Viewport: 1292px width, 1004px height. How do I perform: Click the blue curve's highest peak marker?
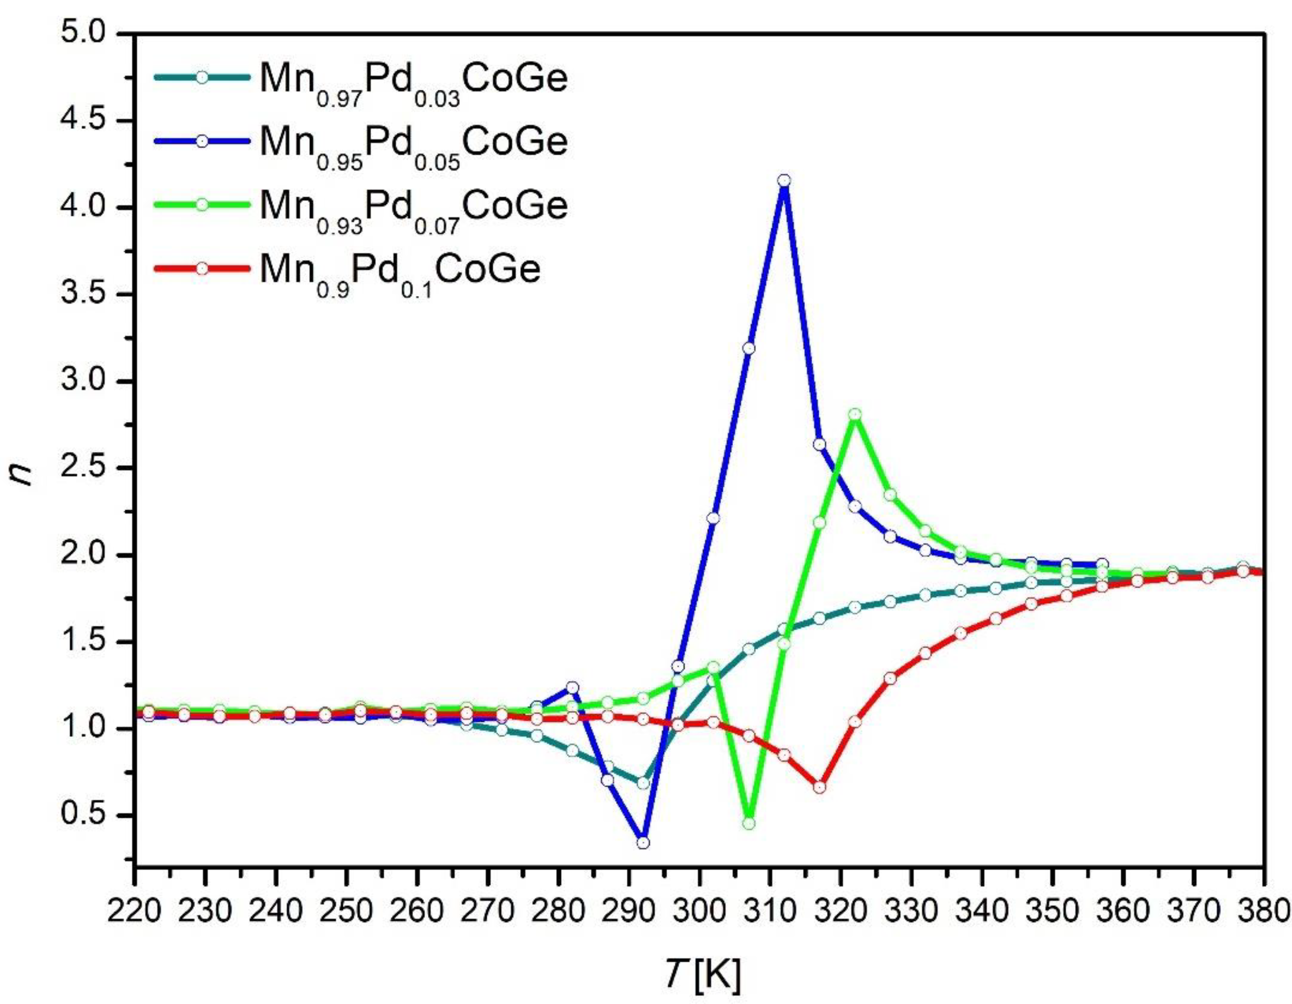pyautogui.click(x=784, y=181)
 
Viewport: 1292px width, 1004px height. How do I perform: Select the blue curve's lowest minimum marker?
pyautogui.click(x=643, y=843)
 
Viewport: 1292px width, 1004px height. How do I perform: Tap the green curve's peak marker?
pyautogui.click(x=854, y=414)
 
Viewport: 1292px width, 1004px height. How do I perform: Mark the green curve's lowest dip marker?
pyautogui.click(x=749, y=823)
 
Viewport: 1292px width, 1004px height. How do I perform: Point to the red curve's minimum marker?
pyautogui.click(x=819, y=787)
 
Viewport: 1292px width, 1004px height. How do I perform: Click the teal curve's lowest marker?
pyautogui.click(x=643, y=783)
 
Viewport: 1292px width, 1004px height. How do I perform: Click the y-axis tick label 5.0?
pyautogui.click(x=89, y=35)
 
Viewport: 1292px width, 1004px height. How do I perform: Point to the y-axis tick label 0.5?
pyautogui.click(x=89, y=816)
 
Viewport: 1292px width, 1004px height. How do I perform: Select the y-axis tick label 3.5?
pyautogui.click(x=89, y=295)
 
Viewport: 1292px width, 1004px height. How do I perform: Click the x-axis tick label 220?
pyautogui.click(x=136, y=912)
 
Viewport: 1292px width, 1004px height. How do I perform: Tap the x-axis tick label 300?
pyautogui.click(x=700, y=912)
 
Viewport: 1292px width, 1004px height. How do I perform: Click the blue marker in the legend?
pyautogui.click(x=202, y=141)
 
